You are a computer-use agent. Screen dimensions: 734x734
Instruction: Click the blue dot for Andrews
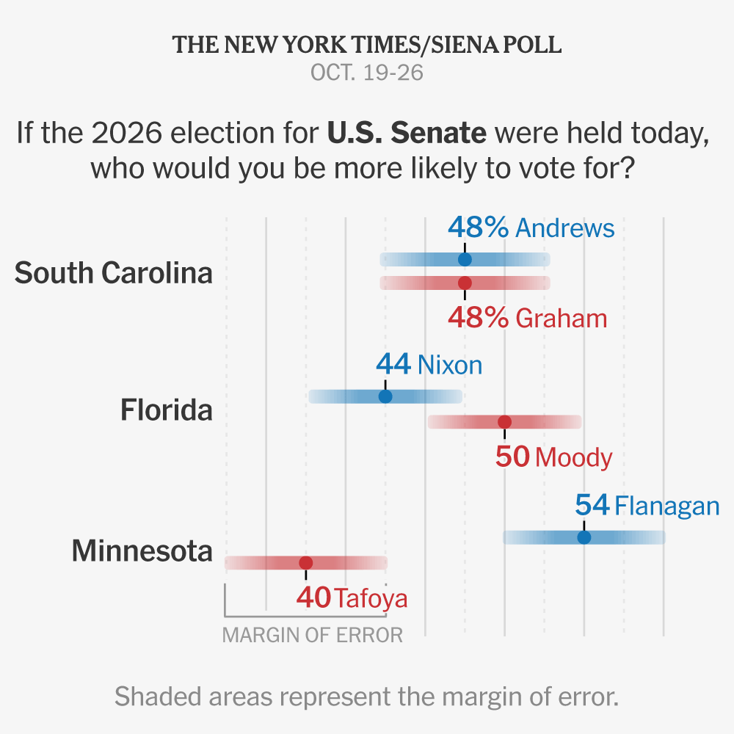point(465,259)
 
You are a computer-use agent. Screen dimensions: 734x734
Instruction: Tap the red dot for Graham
point(465,283)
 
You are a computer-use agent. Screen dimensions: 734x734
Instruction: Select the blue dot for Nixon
point(385,396)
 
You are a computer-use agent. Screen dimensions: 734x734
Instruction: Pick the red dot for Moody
point(505,422)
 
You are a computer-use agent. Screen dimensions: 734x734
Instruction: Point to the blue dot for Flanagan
point(584,537)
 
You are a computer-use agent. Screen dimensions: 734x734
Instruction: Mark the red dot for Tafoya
point(305,563)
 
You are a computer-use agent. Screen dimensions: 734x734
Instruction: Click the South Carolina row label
point(114,272)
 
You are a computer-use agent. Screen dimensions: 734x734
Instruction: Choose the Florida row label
point(167,410)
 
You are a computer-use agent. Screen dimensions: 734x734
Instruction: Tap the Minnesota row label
point(142,550)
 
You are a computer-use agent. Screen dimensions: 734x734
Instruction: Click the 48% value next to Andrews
point(478,228)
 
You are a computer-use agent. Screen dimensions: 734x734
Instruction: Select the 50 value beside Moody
point(512,457)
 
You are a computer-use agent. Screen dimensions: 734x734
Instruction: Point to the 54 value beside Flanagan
point(592,505)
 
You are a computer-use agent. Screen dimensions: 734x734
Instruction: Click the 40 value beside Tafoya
point(313,597)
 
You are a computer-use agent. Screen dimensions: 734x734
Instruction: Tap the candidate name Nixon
point(449,365)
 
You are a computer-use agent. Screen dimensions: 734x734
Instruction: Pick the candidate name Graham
point(562,319)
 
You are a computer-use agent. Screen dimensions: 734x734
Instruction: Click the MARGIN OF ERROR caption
point(313,635)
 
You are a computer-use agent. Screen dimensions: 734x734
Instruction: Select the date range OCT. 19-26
point(367,73)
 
